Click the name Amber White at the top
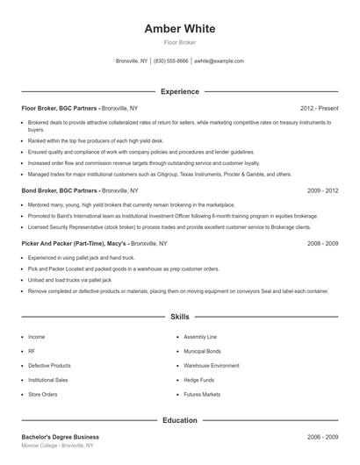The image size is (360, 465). point(179,29)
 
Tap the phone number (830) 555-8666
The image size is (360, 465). point(170,61)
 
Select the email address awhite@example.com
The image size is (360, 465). point(220,61)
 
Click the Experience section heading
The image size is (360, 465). point(179,91)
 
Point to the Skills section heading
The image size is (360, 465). point(179,317)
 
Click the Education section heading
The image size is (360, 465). point(179,420)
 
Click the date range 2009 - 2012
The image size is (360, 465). point(323,190)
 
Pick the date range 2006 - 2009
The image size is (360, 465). point(323,437)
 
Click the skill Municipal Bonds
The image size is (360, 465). point(203,351)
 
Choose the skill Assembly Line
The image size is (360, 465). point(200,336)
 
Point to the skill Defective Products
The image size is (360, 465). point(49,366)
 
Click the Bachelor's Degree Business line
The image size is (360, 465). point(60,437)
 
